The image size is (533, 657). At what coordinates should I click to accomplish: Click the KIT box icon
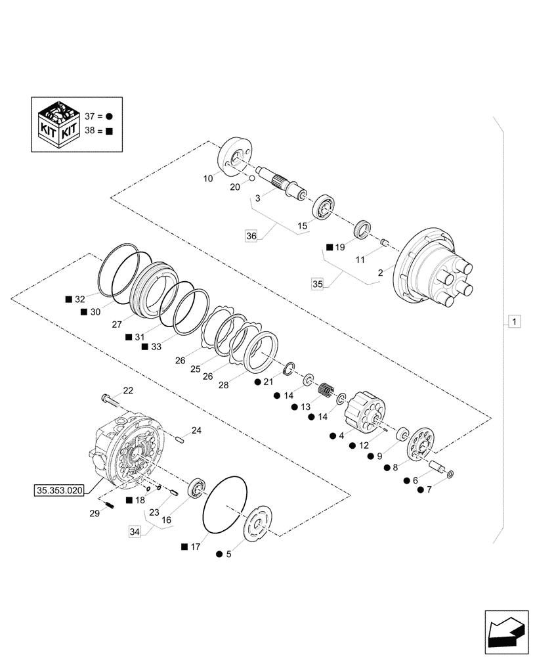58,124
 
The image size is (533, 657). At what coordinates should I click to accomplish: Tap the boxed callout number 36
251,236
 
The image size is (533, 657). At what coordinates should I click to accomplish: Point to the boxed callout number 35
318,284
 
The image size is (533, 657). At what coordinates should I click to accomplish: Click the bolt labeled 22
110,399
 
